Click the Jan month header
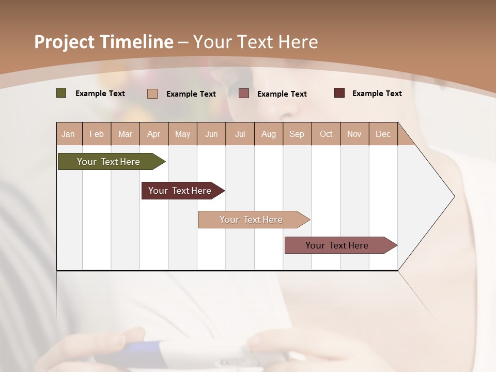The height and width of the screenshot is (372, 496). coord(68,134)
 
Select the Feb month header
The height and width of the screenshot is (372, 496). coord(97,134)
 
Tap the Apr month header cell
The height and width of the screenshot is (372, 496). coord(154,134)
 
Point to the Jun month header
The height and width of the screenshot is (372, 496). coord(211,134)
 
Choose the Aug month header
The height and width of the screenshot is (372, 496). coord(269,134)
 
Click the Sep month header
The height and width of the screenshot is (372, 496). coord(297,134)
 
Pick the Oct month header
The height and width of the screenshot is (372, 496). coord(326,134)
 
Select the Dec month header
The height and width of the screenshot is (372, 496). coord(383,134)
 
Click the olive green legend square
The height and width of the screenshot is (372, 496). coord(61,93)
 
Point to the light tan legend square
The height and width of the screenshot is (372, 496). coord(152,94)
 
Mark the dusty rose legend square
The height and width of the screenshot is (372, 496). coord(244,94)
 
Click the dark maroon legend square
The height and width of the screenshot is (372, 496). coord(339,93)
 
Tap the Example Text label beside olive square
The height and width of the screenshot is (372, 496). coord(100,94)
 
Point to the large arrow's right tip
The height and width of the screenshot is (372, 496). coord(454,196)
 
